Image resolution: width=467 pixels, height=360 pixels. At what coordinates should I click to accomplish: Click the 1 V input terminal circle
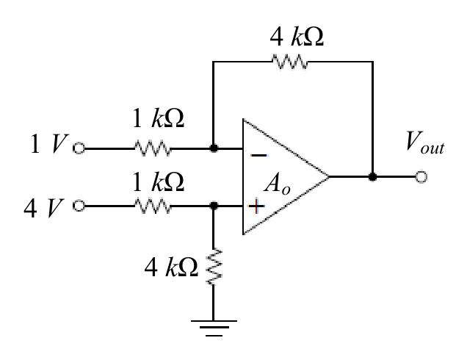tap(79, 148)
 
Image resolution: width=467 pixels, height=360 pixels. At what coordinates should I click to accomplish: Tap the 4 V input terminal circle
tap(79, 206)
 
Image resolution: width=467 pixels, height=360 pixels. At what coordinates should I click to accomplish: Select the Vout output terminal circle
tap(421, 177)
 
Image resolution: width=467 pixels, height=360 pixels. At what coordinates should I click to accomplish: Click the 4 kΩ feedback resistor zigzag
tap(290, 62)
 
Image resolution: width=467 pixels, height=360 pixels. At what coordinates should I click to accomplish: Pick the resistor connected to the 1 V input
tap(153, 148)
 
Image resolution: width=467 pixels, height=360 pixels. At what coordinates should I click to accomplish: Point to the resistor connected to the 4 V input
tap(153, 206)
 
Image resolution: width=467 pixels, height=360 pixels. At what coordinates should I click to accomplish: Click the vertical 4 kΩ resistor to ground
tap(214, 267)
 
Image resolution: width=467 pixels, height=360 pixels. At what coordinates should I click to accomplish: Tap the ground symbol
tap(214, 328)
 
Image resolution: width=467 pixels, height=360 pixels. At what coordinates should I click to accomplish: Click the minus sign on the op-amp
tap(258, 155)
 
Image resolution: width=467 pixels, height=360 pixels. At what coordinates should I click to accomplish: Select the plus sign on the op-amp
tap(256, 206)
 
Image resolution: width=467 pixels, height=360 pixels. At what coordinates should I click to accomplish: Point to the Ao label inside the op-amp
tap(278, 184)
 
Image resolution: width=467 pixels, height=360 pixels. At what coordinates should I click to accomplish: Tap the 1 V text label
tap(49, 144)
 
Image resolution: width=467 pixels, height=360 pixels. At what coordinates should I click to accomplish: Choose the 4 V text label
tap(44, 209)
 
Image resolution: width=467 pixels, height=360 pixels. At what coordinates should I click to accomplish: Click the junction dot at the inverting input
tap(214, 148)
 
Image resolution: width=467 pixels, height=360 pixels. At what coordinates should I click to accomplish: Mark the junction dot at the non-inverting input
tap(214, 206)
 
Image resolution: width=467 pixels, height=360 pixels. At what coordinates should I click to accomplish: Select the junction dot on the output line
tap(372, 177)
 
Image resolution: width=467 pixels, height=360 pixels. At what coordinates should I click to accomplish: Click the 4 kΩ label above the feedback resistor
tap(297, 37)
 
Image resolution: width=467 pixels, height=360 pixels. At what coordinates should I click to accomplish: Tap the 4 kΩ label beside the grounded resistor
tap(171, 267)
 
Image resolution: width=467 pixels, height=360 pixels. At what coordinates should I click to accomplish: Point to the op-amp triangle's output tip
tap(329, 177)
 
